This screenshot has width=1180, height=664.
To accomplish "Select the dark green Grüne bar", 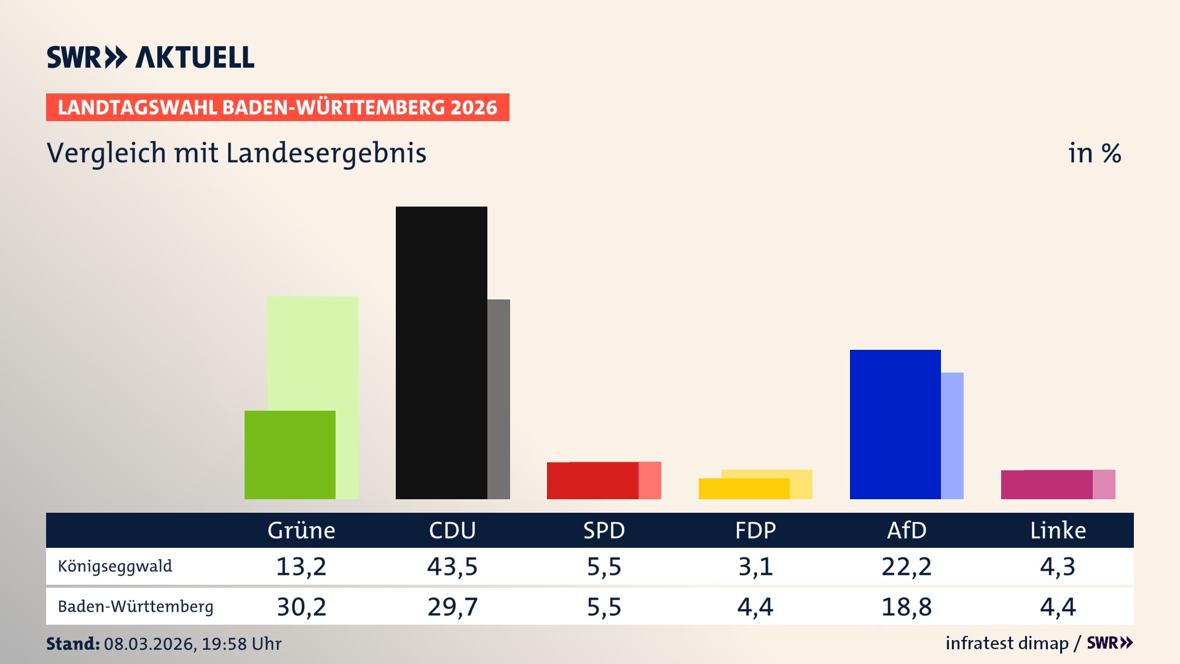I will pyautogui.click(x=289, y=455).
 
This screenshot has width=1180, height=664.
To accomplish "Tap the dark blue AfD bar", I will pyautogui.click(x=895, y=424).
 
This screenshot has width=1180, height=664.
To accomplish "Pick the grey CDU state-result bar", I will pyautogui.click(x=499, y=400).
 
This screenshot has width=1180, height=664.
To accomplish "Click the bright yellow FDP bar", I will pyautogui.click(x=744, y=489).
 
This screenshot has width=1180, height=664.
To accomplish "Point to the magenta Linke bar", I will pyautogui.click(x=1046, y=484).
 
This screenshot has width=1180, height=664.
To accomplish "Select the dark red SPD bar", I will pyautogui.click(x=592, y=480).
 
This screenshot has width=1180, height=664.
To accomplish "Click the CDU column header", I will pyautogui.click(x=452, y=531).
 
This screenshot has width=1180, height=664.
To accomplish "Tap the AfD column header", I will pyautogui.click(x=907, y=531).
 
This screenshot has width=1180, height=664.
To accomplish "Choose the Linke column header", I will pyautogui.click(x=1058, y=531).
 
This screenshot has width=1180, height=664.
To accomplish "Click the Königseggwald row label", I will pyautogui.click(x=115, y=566).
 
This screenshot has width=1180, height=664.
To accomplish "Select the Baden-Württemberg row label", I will pyautogui.click(x=135, y=607).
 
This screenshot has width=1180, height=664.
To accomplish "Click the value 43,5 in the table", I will pyautogui.click(x=452, y=566).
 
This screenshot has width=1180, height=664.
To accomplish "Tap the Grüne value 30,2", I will pyautogui.click(x=301, y=607).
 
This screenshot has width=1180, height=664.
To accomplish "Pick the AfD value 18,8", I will pyautogui.click(x=907, y=607).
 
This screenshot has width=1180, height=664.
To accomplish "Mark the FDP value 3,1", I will pyautogui.click(x=755, y=566).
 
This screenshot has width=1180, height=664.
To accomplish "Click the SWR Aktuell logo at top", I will pyautogui.click(x=151, y=57).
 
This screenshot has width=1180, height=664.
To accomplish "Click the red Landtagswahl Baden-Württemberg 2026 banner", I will pyautogui.click(x=277, y=108).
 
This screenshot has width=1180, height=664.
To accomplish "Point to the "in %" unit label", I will pyautogui.click(x=1095, y=154).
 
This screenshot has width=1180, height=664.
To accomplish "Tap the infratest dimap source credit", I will pyautogui.click(x=1007, y=643).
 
